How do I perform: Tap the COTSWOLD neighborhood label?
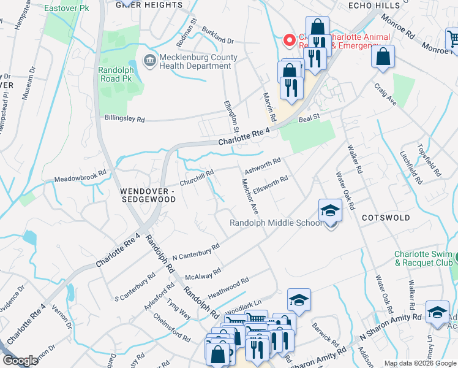coord(386,218)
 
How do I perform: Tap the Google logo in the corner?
coord(20,361)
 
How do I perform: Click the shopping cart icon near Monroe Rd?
coord(452,38)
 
